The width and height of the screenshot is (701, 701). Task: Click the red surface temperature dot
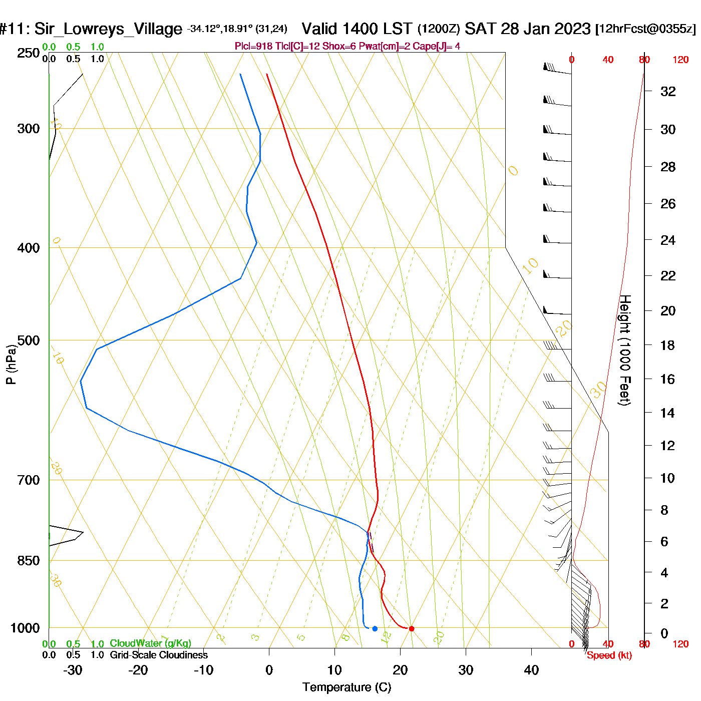click(x=412, y=628)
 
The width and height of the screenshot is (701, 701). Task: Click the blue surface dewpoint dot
click(x=375, y=628)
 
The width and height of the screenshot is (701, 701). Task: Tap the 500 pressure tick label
click(x=29, y=340)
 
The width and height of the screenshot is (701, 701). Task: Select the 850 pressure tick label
click(x=29, y=561)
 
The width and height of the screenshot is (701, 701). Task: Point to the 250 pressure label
click(x=29, y=53)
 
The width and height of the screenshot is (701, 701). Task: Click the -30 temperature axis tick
click(x=73, y=670)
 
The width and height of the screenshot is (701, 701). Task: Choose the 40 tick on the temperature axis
click(x=531, y=670)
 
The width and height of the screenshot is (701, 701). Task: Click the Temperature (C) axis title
click(x=346, y=687)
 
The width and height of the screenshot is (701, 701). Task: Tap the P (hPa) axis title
click(x=11, y=365)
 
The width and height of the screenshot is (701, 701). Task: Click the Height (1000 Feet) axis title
click(x=624, y=350)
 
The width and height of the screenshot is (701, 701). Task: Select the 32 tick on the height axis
click(x=668, y=92)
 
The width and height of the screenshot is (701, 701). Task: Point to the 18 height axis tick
click(x=668, y=345)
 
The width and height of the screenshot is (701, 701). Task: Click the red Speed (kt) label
click(x=609, y=655)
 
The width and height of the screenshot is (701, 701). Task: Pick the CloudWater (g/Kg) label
click(x=150, y=643)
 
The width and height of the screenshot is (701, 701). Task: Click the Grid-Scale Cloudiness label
click(x=159, y=655)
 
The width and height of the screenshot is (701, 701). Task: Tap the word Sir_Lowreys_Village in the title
click(x=108, y=29)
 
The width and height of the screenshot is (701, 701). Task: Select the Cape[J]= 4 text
click(x=436, y=47)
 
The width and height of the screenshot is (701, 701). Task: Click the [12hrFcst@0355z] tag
click(x=645, y=29)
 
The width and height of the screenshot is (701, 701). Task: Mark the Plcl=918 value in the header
click(x=253, y=47)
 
